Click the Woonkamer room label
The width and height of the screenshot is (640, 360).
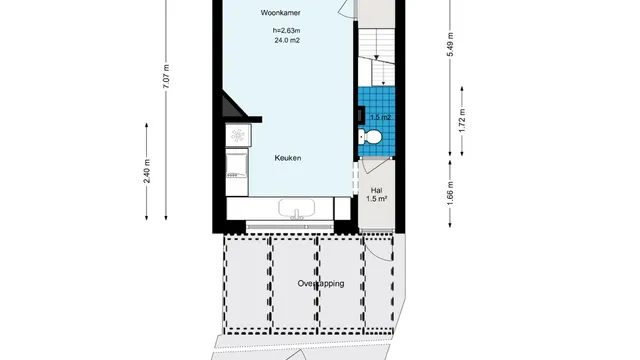click(280, 13)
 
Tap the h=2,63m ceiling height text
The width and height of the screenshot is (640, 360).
click(287, 31)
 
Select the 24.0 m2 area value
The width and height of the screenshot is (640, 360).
click(287, 40)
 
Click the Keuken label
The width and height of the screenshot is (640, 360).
click(288, 158)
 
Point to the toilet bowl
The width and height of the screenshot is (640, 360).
click(370, 137)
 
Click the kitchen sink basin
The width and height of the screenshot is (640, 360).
click(297, 208)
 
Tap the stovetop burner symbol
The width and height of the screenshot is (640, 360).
click(238, 136)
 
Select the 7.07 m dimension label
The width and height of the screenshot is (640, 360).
click(166, 76)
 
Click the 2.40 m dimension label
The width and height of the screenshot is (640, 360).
click(147, 171)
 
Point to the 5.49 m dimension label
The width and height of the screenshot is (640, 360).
click(451, 44)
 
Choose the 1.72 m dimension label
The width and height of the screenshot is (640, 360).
click(462, 120)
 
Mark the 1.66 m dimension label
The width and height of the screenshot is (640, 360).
click(450, 193)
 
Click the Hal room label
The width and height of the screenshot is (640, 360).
click(376, 190)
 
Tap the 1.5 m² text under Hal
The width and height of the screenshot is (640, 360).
click(376, 199)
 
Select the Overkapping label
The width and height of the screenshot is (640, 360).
click(321, 283)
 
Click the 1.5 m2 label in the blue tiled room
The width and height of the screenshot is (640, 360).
click(380, 117)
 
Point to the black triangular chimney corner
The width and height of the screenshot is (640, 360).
click(232, 105)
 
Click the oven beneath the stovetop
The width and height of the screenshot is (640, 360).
click(237, 171)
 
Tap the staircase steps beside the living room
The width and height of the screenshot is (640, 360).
click(376, 58)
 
